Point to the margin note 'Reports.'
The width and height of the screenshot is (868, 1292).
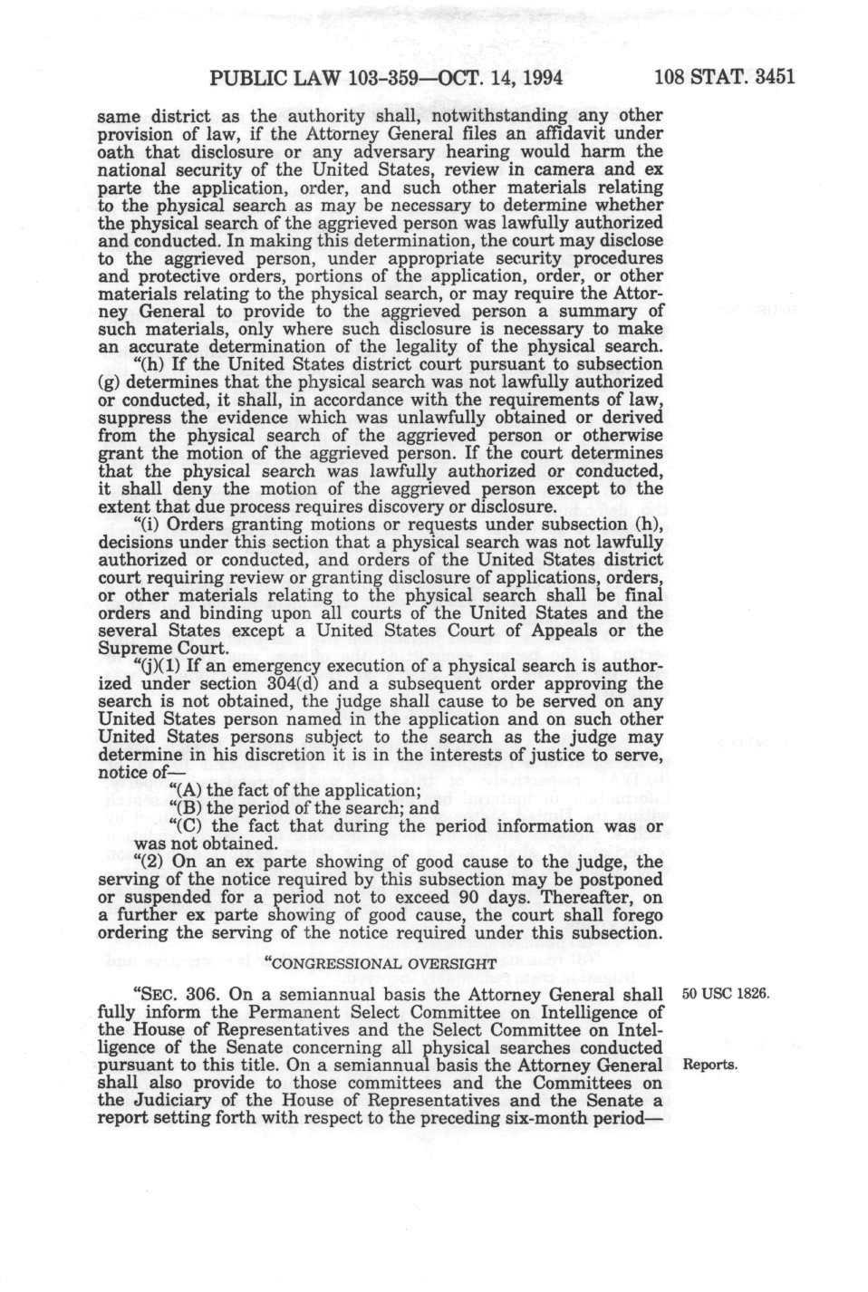click(713, 1065)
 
